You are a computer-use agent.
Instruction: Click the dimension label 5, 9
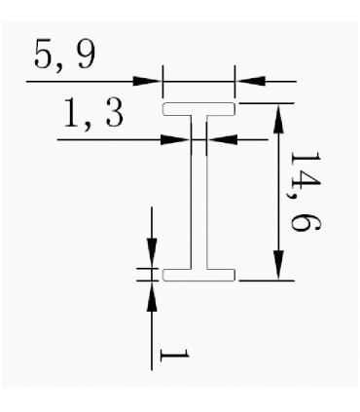(x=64, y=56)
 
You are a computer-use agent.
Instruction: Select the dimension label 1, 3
(x=93, y=113)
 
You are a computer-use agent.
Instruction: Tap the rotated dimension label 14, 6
(x=306, y=192)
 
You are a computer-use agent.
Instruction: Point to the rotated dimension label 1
(x=174, y=356)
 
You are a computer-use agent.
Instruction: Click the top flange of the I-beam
(x=198, y=109)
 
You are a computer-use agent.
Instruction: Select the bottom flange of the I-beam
(x=198, y=275)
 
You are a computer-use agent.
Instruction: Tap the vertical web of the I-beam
(x=198, y=192)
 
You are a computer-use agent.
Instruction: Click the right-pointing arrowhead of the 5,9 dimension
(x=148, y=81)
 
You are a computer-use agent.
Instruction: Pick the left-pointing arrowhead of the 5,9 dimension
(x=250, y=81)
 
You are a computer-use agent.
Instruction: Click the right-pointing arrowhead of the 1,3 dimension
(x=176, y=140)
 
